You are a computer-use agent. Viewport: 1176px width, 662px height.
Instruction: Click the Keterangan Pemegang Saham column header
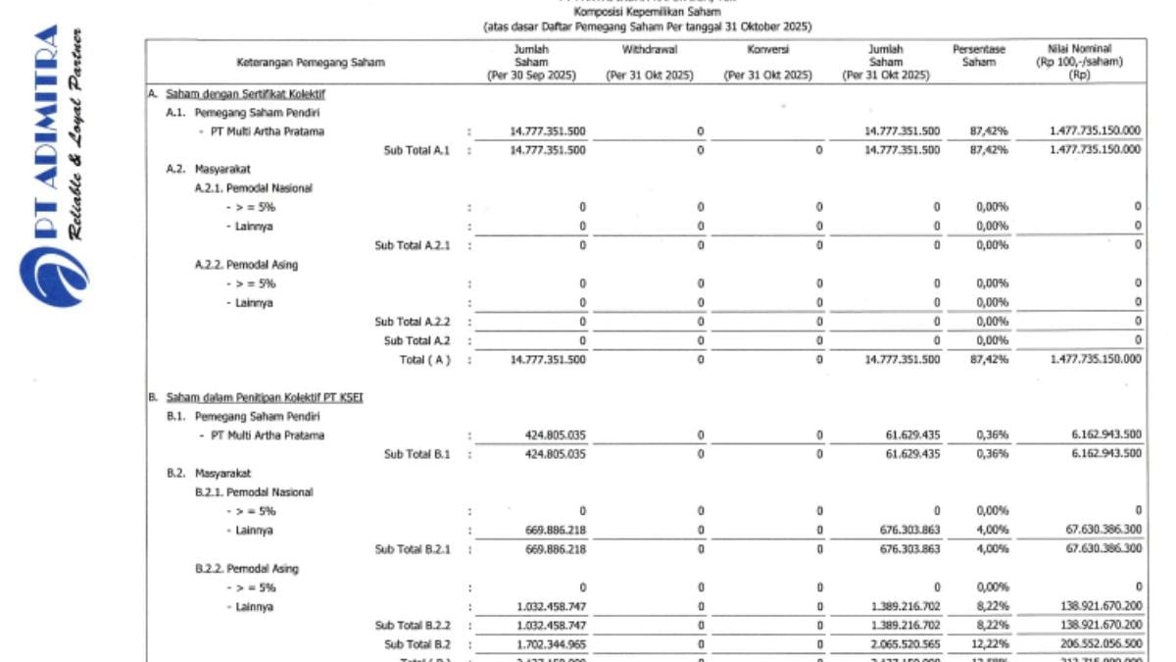311,62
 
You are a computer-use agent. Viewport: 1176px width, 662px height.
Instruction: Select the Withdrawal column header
649,49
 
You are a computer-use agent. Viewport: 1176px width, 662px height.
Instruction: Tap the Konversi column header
767,49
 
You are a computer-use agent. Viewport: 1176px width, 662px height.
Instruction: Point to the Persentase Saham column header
978,55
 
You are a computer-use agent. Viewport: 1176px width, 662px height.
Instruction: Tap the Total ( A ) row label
425,360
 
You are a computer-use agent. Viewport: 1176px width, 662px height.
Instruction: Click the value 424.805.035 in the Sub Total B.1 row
548,454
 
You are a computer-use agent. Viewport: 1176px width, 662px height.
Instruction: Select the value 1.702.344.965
548,644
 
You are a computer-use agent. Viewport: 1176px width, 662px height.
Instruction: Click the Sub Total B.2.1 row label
412,550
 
